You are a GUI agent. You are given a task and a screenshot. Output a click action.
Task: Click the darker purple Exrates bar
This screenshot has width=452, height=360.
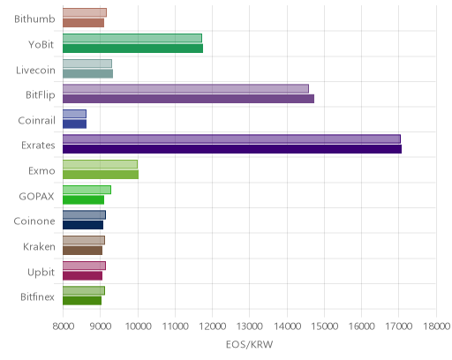click(x=232, y=149)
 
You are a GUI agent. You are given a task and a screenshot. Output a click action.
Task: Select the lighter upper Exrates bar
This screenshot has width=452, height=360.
click(x=231, y=139)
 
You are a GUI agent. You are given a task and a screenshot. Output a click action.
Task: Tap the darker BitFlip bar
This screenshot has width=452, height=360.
click(x=188, y=99)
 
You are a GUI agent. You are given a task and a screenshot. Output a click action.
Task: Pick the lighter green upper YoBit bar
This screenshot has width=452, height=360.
click(x=132, y=38)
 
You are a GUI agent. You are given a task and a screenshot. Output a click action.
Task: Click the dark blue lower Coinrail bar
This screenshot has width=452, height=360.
click(x=74, y=124)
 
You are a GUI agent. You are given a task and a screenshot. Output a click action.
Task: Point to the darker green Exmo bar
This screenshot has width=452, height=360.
click(x=101, y=175)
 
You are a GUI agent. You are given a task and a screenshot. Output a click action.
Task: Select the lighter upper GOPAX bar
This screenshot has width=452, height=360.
click(x=87, y=190)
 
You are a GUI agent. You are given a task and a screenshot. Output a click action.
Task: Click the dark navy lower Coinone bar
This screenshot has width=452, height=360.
click(x=83, y=225)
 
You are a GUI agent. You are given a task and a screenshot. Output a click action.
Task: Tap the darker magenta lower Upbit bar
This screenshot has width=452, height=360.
click(x=82, y=275)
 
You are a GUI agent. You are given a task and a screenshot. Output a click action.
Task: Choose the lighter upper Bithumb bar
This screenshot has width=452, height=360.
click(x=85, y=13)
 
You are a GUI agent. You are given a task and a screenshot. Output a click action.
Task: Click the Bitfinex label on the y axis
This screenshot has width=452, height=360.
click(x=37, y=297)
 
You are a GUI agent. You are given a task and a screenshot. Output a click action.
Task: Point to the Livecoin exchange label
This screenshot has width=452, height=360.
click(x=35, y=71)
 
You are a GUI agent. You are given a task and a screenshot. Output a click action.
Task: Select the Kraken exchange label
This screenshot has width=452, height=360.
click(x=39, y=246)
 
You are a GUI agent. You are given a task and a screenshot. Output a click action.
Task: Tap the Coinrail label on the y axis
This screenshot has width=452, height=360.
click(x=37, y=121)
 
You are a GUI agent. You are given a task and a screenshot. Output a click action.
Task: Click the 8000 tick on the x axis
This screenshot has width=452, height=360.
click(x=63, y=326)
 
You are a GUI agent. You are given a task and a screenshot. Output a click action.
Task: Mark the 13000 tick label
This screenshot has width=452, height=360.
click(x=250, y=326)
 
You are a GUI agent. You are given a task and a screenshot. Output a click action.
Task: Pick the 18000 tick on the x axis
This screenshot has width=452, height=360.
click(x=436, y=326)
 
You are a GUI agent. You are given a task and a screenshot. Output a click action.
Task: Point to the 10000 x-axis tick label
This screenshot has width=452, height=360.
click(x=138, y=326)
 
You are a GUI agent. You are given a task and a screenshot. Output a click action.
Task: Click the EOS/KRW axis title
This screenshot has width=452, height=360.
click(x=250, y=344)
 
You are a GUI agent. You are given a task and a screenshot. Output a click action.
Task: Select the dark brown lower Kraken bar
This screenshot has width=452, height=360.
click(x=82, y=251)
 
